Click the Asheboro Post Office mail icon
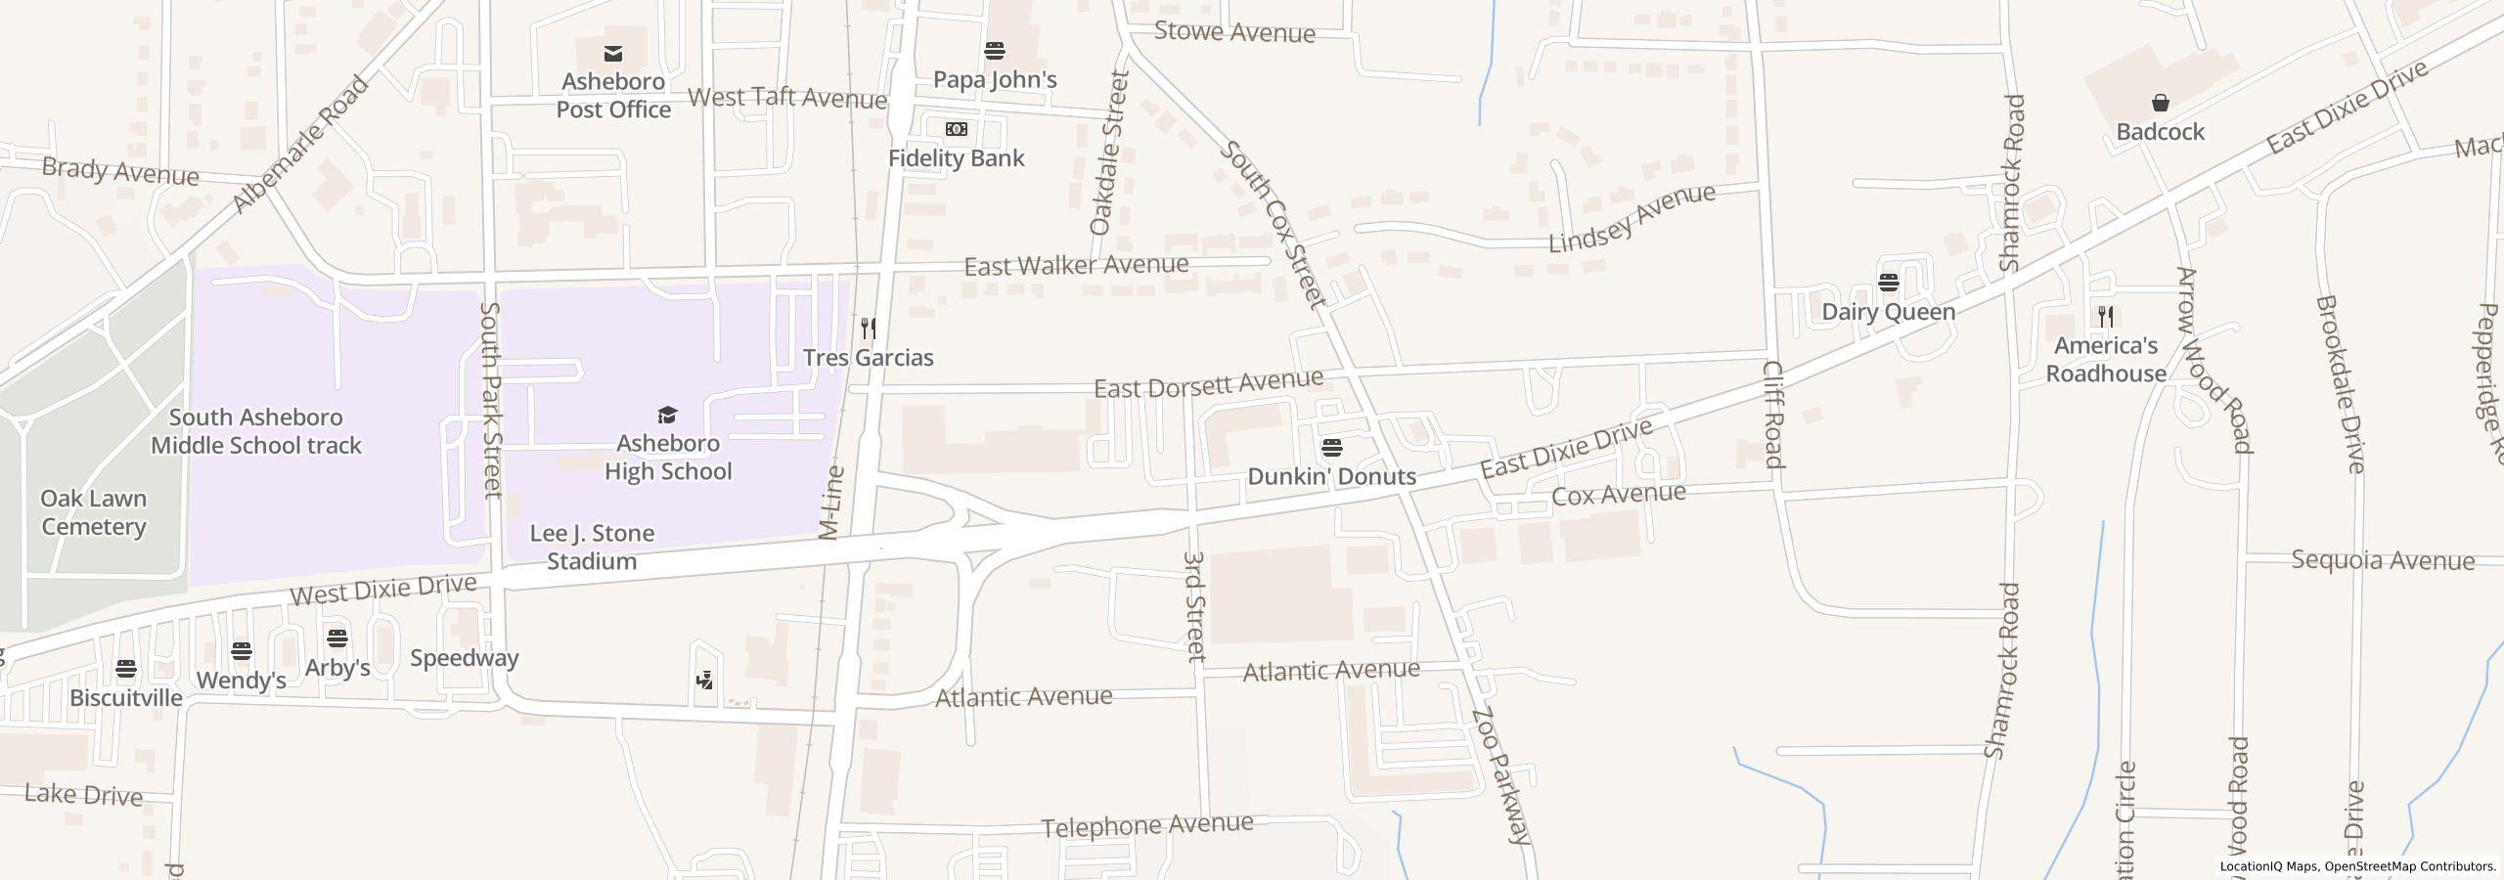coord(613,53)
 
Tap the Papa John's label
coord(995,79)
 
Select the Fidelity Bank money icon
coord(956,129)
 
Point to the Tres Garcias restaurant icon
coord(868,328)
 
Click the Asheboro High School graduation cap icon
coord(667,415)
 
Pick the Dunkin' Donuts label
coord(1331,476)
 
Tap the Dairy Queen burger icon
coord(1888,283)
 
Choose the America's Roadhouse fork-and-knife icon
coord(2106,316)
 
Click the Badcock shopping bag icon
coord(2160,103)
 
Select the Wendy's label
coord(241,680)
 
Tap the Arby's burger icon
coord(337,638)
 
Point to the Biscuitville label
coord(126,697)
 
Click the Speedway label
coord(464,657)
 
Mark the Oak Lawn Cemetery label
coord(94,512)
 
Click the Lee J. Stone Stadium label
coord(592,548)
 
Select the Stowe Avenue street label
coord(1234,32)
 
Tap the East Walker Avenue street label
coord(1076,265)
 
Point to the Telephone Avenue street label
coord(1146,826)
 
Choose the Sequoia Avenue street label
coord(2383,560)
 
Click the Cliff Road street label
coord(1773,414)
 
